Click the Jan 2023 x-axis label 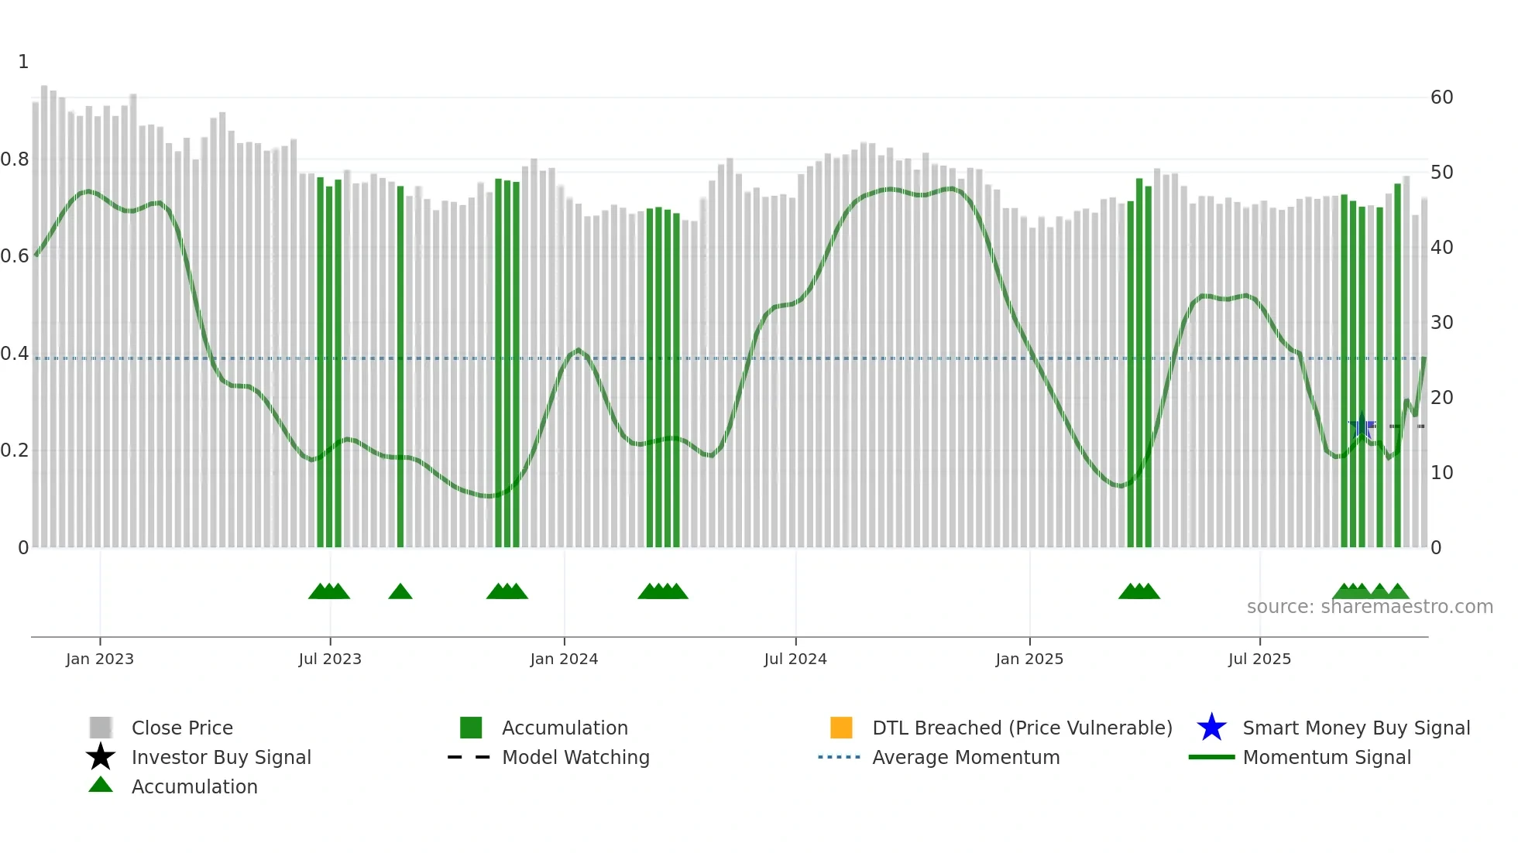pyautogui.click(x=100, y=659)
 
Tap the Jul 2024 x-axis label pyautogui.click(x=795, y=659)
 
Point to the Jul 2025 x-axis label pyautogui.click(x=1259, y=659)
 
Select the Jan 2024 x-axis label pyautogui.click(x=564, y=659)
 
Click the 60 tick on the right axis pyautogui.click(x=1441, y=98)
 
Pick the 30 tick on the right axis pyautogui.click(x=1441, y=323)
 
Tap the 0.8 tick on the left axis pyautogui.click(x=15, y=159)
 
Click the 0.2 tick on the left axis pyautogui.click(x=15, y=450)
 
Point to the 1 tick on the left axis pyautogui.click(x=23, y=62)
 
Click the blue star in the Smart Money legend pyautogui.click(x=1211, y=728)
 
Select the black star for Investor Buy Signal pyautogui.click(x=101, y=757)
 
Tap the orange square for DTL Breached pyautogui.click(x=841, y=728)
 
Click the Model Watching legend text pyautogui.click(x=575, y=757)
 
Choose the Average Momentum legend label pyautogui.click(x=966, y=757)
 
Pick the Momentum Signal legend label pyautogui.click(x=1327, y=757)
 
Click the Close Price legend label pyautogui.click(x=182, y=728)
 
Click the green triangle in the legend pyautogui.click(x=101, y=785)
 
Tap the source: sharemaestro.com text pyautogui.click(x=1369, y=607)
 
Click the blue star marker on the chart pyautogui.click(x=1362, y=426)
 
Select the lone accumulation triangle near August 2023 pyautogui.click(x=400, y=592)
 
